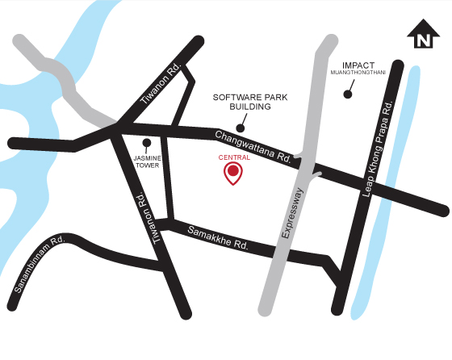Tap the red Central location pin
coord(233,173)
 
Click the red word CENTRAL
coord(234,158)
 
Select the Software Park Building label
coord(241,101)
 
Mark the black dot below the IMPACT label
coord(348,94)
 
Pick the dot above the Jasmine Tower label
coord(145,139)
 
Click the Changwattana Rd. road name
coord(253,144)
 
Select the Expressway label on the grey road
coord(290,212)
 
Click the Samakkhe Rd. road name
coord(217,237)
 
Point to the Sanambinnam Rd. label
coord(39,262)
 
